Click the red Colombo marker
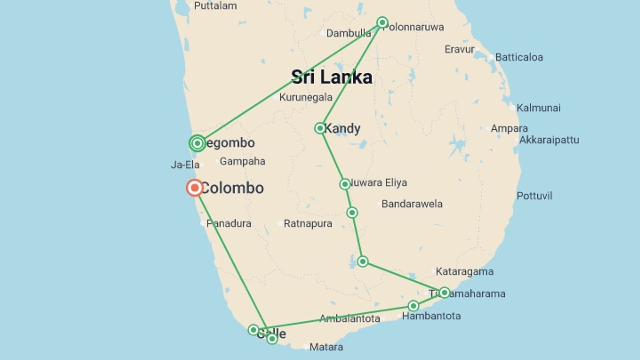[195, 188]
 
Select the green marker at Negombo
[197, 143]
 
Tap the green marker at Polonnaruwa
[382, 22]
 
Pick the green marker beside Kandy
[320, 128]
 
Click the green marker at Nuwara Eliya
[345, 184]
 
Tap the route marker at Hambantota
[413, 306]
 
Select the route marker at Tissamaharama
[444, 293]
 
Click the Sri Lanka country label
[332, 77]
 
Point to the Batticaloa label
[519, 57]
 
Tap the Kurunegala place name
[306, 97]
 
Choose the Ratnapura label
[308, 224]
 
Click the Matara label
[326, 347]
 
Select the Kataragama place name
[464, 272]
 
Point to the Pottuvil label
[534, 196]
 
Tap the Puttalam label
[215, 6]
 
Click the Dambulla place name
[348, 33]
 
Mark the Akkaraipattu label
[549, 140]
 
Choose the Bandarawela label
[412, 204]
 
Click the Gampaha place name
[242, 161]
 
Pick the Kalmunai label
[538, 108]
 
